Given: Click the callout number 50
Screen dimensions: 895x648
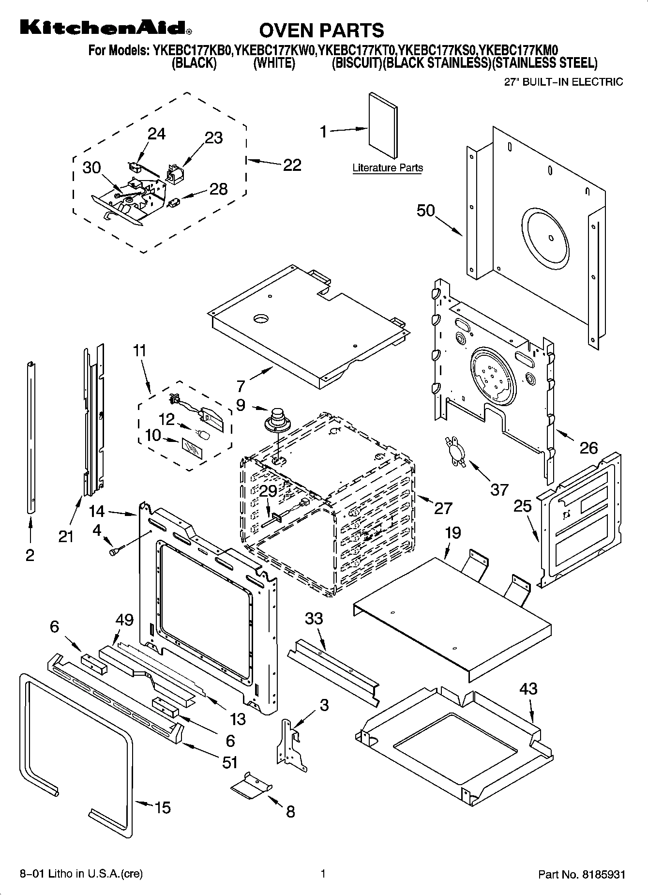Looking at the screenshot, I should pyautogui.click(x=426, y=211).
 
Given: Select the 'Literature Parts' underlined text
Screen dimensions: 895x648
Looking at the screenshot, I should pyautogui.click(x=387, y=168).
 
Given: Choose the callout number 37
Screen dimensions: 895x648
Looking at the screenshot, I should pyautogui.click(x=499, y=489).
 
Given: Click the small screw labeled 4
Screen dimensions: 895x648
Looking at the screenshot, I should pyautogui.click(x=116, y=550).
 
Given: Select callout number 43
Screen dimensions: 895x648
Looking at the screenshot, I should pyautogui.click(x=528, y=688).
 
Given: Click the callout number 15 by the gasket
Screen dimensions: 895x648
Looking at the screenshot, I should pyautogui.click(x=163, y=807).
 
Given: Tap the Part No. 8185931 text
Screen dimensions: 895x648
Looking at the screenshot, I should pyautogui.click(x=582, y=875).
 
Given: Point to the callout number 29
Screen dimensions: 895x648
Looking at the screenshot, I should pyautogui.click(x=268, y=491).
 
